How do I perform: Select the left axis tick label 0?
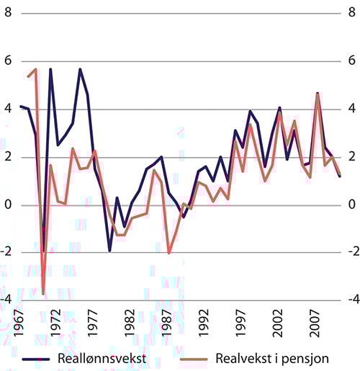tap(8, 205)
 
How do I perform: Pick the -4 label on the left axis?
tap(6, 300)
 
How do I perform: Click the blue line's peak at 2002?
tap(279, 108)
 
